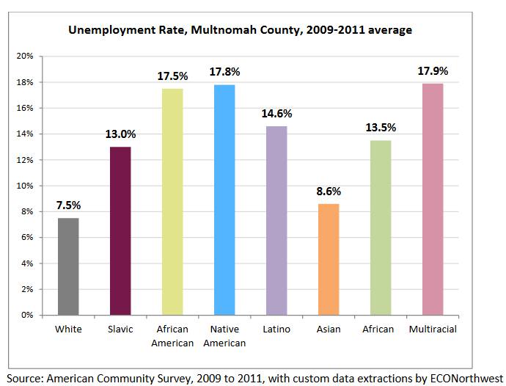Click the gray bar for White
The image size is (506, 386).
click(68, 266)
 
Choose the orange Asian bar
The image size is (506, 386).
click(329, 259)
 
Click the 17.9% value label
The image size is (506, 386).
click(433, 70)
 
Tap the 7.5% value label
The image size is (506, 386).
click(68, 205)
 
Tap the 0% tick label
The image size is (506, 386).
click(28, 315)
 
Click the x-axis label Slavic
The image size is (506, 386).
click(120, 329)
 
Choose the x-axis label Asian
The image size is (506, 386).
click(329, 329)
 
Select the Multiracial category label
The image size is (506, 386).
click(433, 329)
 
